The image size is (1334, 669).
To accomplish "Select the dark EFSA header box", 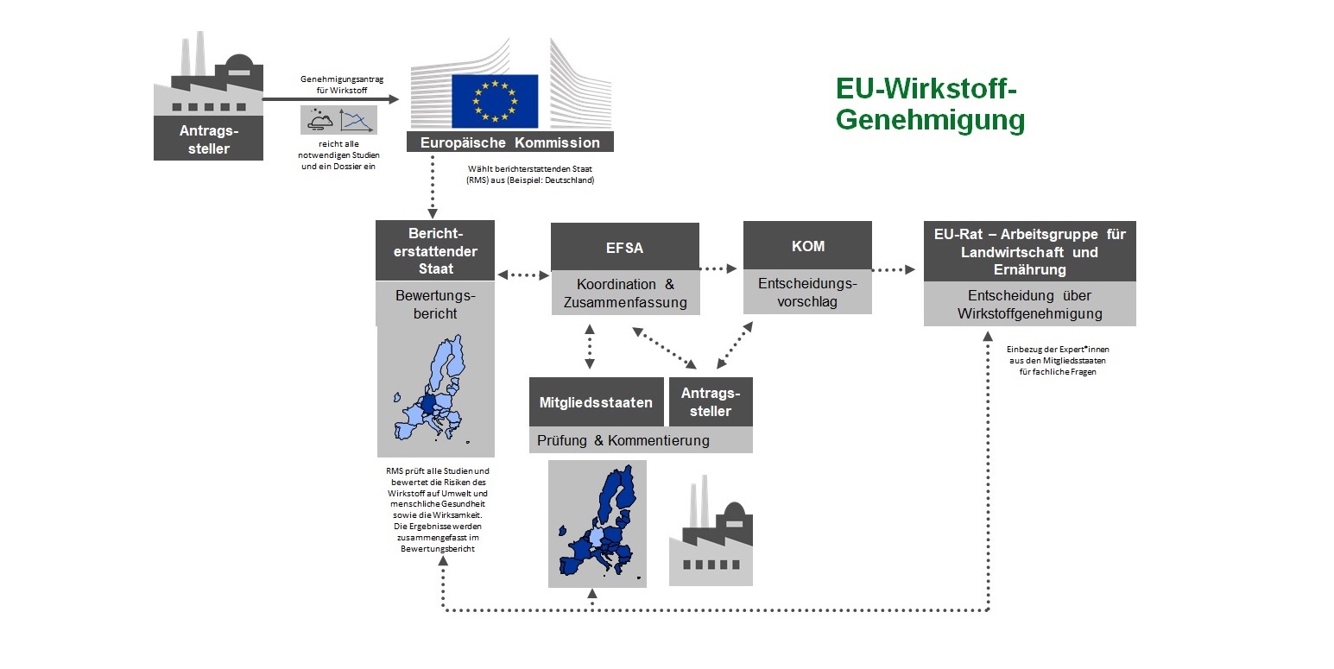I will click(624, 247).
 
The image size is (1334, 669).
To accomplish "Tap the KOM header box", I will click(807, 246).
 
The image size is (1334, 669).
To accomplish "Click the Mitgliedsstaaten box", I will click(597, 402).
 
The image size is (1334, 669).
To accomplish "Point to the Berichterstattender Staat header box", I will click(435, 250).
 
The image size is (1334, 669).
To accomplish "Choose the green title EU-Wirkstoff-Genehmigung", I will click(930, 104).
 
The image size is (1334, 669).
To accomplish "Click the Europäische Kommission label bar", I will click(509, 142).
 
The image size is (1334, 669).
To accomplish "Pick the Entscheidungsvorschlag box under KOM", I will click(807, 293).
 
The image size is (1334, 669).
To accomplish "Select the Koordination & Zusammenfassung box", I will click(624, 293).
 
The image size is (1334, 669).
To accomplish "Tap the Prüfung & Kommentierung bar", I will click(640, 440).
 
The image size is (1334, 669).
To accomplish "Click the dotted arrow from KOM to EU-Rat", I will click(894, 270).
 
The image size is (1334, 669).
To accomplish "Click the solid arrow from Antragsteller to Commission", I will click(331, 99).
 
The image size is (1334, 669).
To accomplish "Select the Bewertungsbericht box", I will click(435, 304).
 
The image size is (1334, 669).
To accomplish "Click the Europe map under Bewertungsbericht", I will click(435, 393).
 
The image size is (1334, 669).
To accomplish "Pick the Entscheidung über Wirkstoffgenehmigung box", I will click(1029, 305).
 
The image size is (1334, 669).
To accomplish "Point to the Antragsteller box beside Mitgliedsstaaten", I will click(711, 402).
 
